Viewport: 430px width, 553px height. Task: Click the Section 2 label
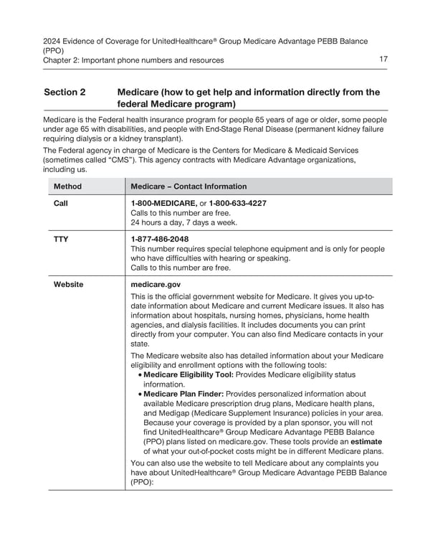(x=64, y=93)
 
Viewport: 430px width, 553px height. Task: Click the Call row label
(x=61, y=203)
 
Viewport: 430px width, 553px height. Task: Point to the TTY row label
(x=61, y=239)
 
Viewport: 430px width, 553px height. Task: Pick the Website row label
(x=68, y=284)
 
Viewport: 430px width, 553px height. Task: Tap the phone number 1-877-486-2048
(x=160, y=239)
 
